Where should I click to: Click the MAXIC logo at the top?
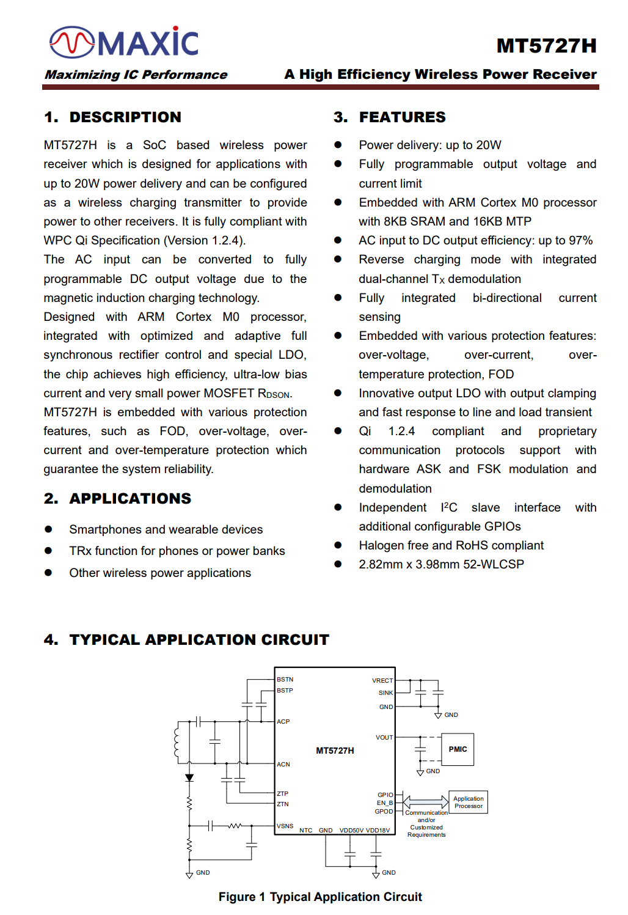[x=124, y=42]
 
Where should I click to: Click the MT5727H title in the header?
[x=546, y=46]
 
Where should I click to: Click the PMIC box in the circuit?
[x=458, y=749]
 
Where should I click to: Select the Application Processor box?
[x=469, y=802]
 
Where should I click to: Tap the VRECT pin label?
[x=382, y=680]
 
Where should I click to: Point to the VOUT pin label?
[x=384, y=737]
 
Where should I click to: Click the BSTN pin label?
[x=285, y=679]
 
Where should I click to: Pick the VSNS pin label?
[x=285, y=826]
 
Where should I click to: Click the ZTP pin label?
[x=283, y=793]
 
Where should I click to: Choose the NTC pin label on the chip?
[x=306, y=830]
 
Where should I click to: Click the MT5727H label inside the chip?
[x=335, y=751]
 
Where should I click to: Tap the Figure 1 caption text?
[x=320, y=897]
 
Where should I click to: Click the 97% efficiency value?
[x=580, y=240]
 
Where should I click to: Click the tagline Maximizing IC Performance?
[x=136, y=75]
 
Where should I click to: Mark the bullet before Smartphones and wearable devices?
[x=48, y=529]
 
